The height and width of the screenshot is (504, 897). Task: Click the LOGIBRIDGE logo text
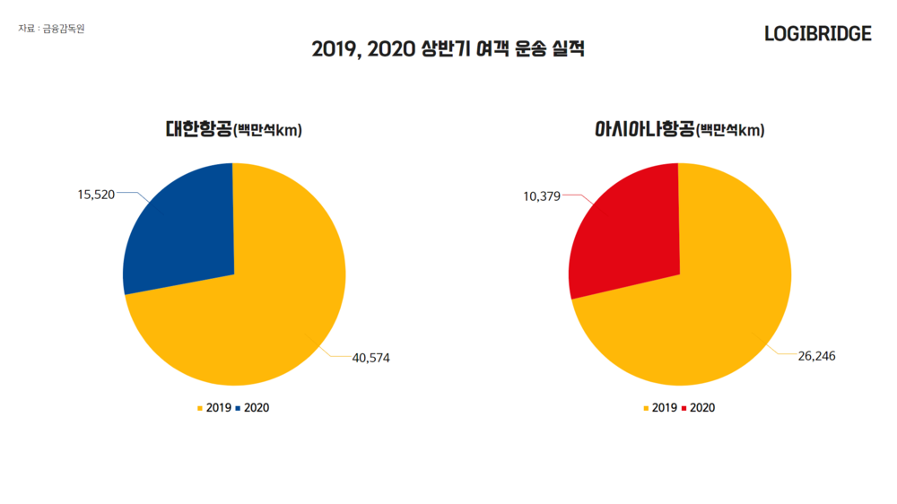click(x=817, y=34)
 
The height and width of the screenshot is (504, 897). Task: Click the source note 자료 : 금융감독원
click(x=51, y=29)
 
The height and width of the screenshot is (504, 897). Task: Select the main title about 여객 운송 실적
click(x=448, y=50)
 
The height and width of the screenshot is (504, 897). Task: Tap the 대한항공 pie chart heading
click(x=233, y=130)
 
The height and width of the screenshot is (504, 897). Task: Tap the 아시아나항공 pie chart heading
click(x=680, y=130)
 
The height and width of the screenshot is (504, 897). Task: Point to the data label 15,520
click(x=96, y=194)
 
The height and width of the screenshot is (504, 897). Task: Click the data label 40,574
click(x=371, y=358)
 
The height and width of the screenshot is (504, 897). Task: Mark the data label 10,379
click(x=542, y=196)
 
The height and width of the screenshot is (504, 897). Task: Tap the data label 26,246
click(x=816, y=356)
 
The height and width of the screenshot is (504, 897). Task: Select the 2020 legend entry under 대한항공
click(x=256, y=408)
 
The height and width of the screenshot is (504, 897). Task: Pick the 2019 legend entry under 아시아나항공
click(x=664, y=408)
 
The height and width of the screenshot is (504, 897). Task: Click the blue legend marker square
click(x=238, y=408)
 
